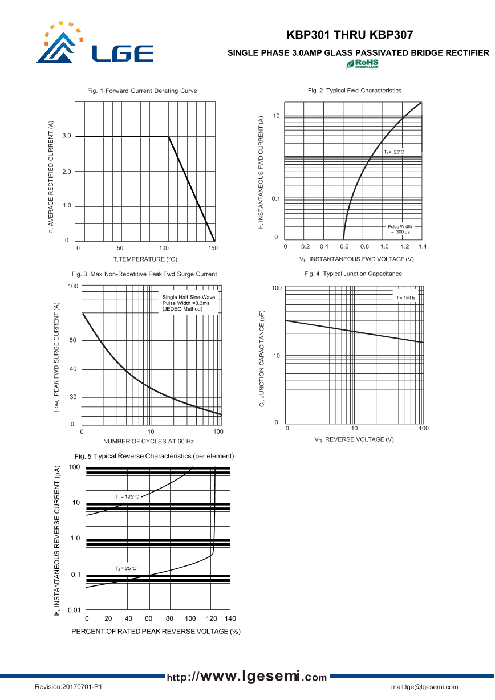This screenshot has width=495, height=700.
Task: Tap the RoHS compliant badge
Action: tap(362, 64)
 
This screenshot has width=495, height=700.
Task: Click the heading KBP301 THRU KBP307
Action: tap(350, 35)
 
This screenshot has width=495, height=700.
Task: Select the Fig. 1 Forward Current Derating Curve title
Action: tap(142, 91)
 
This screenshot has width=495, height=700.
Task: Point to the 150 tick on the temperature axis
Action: tap(213, 249)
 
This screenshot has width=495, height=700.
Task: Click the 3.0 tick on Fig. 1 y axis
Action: tap(67, 136)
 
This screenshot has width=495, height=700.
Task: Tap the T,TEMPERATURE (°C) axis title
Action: tap(145, 259)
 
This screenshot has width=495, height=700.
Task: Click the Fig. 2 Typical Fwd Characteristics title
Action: tap(355, 91)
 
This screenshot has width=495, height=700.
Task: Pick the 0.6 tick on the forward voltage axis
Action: tap(344, 246)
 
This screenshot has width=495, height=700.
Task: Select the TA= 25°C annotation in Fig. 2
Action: tap(393, 152)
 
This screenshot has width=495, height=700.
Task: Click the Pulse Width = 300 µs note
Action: tap(400, 229)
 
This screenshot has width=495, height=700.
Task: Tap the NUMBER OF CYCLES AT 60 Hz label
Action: tap(148, 442)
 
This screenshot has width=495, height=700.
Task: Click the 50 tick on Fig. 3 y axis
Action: tap(73, 341)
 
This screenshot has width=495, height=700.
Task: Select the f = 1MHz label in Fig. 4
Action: tap(406, 298)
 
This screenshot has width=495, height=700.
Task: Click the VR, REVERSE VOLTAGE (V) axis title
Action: tap(354, 439)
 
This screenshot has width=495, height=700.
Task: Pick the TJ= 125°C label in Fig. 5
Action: tap(127, 497)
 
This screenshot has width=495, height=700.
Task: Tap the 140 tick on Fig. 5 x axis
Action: tap(230, 618)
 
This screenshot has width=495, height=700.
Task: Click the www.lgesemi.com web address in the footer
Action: tap(247, 677)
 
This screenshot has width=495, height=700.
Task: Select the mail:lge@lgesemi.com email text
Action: tap(424, 687)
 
